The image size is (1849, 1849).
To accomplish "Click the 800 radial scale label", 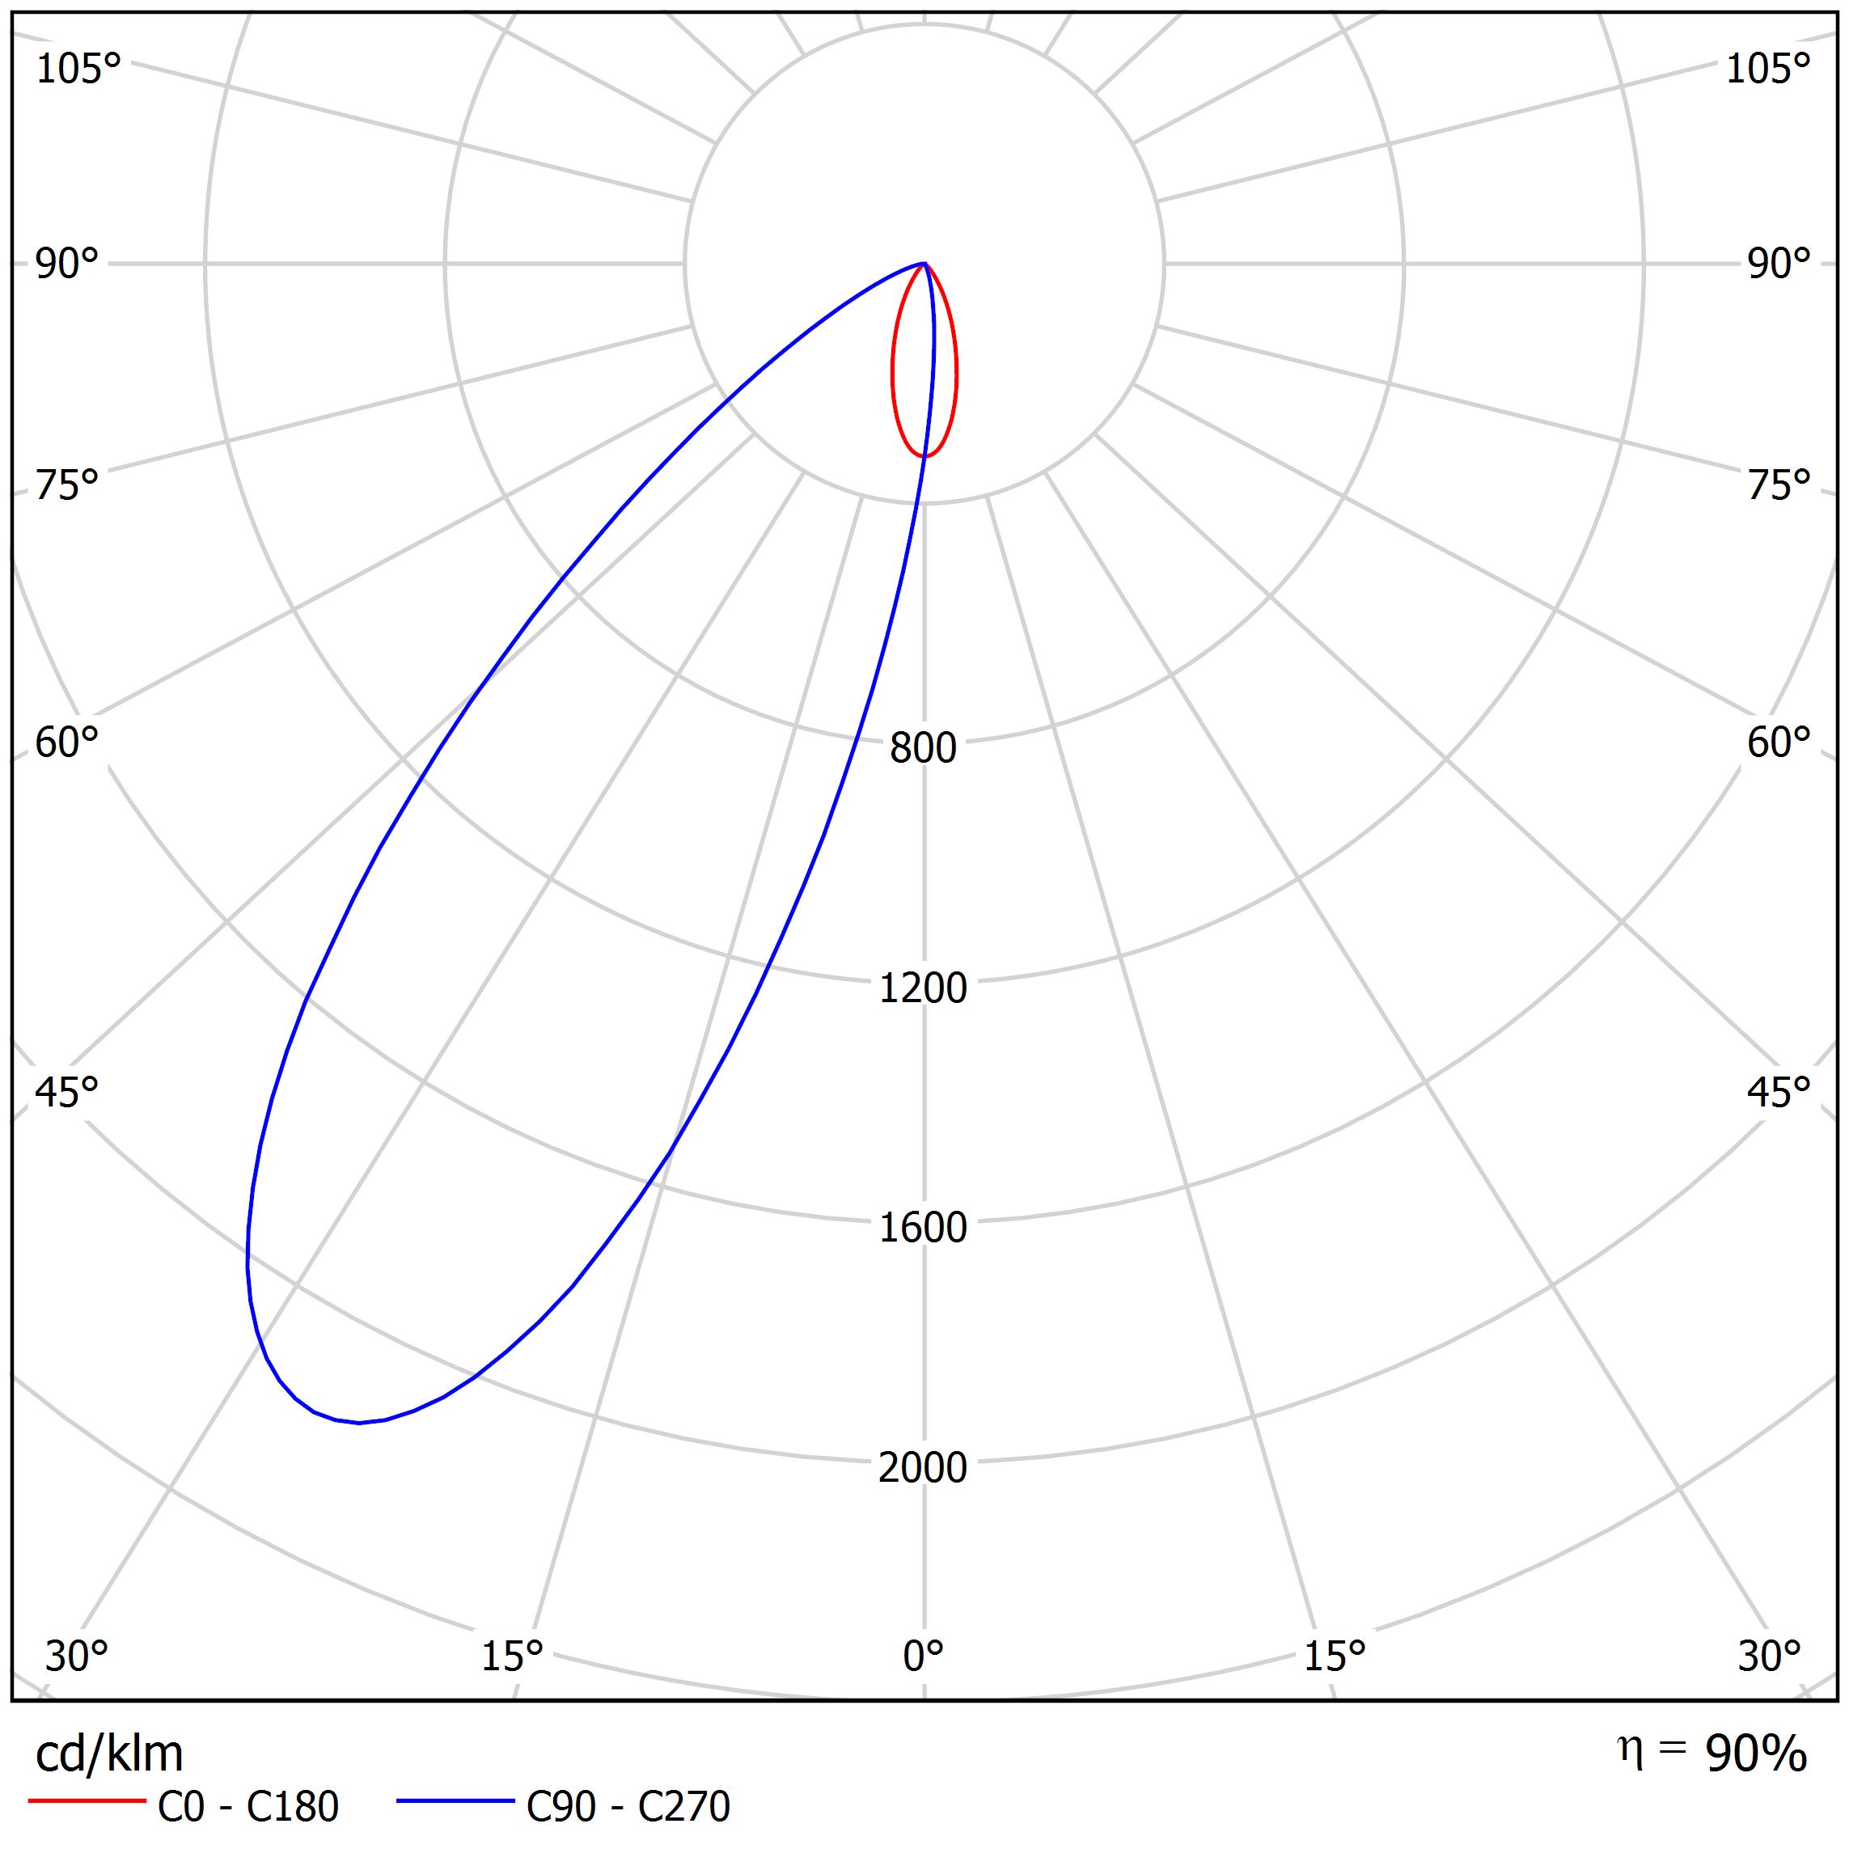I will (923, 748).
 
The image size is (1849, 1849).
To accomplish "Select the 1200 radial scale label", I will (923, 988).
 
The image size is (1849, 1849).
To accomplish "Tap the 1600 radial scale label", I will (923, 1228).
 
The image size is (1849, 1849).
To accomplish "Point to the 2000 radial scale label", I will (923, 1467).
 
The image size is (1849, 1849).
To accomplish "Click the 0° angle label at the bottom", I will (923, 1656).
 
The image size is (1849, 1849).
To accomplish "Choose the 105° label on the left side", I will (78, 70).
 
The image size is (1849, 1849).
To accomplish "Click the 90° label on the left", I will (67, 264).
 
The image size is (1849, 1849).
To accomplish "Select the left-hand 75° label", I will (67, 486).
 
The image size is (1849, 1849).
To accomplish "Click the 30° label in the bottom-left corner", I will (77, 1656).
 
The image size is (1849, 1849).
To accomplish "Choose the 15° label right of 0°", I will (1334, 1656).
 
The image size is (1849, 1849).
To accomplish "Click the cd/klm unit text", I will (109, 1754).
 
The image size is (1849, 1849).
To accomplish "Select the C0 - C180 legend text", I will (248, 1807).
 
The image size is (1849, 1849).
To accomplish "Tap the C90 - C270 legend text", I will (628, 1807).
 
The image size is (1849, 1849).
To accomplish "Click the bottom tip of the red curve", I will (924, 456).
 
